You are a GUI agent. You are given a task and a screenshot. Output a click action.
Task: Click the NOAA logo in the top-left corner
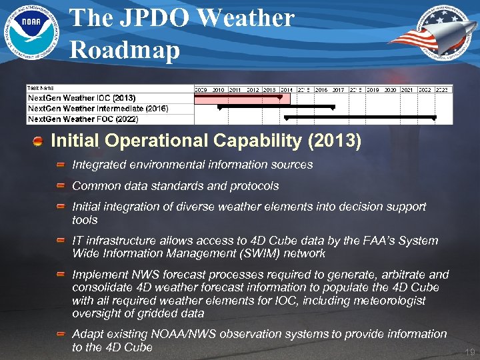31,30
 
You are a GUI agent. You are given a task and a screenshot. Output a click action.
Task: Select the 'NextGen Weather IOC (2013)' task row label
81,98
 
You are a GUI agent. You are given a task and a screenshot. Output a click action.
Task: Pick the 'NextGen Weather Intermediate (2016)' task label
97,108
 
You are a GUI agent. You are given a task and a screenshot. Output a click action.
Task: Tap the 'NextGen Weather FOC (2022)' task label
82,119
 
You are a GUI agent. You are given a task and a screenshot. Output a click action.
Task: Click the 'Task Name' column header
41,88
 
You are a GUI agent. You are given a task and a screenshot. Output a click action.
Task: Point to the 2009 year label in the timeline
201,89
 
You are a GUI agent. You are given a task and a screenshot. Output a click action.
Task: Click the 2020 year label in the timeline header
390,89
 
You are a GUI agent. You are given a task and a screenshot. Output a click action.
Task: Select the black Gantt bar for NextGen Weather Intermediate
276,106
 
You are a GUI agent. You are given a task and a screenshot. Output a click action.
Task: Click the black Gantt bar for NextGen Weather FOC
360,117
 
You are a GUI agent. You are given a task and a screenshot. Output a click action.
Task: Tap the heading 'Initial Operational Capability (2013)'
206,141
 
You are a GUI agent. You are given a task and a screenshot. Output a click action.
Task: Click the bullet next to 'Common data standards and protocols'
61,186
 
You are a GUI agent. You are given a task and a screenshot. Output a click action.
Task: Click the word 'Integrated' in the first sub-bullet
96,164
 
